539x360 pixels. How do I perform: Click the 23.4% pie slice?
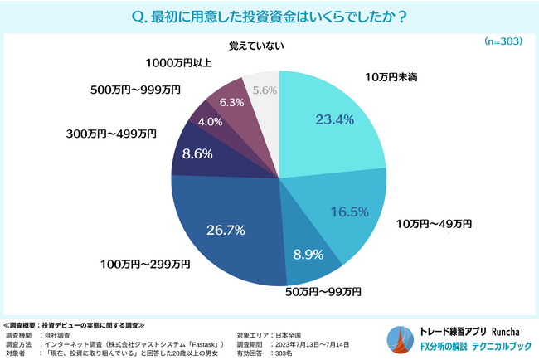pos(332,133)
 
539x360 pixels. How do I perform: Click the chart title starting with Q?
pos(269,15)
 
